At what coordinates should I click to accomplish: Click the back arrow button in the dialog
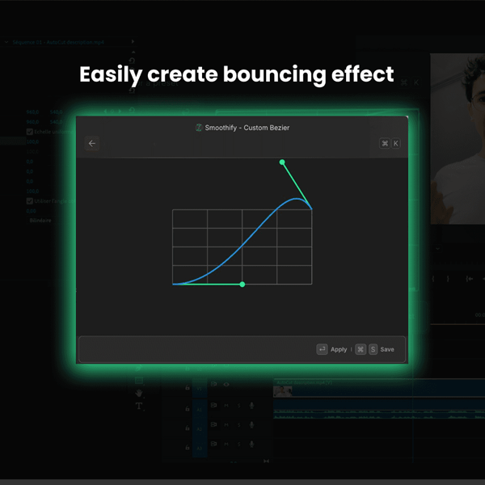(92, 143)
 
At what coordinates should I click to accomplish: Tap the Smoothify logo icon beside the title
(199, 127)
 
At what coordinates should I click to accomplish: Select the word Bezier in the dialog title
(278, 127)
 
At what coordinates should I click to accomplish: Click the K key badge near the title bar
(395, 143)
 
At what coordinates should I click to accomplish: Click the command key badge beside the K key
(385, 143)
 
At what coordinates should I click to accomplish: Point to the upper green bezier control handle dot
(282, 162)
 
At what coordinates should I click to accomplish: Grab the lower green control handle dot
(242, 285)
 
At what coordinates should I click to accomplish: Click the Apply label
(339, 349)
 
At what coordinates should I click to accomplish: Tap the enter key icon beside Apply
(322, 349)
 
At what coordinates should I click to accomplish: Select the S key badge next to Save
(373, 349)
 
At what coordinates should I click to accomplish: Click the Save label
(387, 349)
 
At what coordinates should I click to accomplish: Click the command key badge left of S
(361, 349)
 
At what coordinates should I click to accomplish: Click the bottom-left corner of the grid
(173, 285)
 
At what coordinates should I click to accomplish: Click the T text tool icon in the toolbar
(139, 406)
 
